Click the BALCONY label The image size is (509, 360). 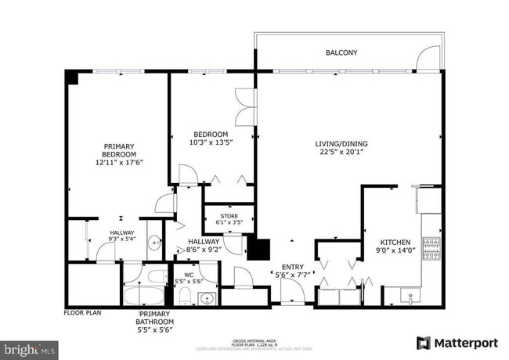tap(341, 53)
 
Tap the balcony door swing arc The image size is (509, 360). tap(428, 56)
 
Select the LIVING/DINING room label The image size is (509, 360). tap(341, 144)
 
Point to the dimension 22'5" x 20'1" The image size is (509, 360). tap(341, 153)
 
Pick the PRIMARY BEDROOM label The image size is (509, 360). tap(119, 150)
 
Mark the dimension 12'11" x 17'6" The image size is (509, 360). tap(119, 162)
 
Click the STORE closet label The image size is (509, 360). tap(229, 216)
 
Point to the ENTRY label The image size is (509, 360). tap(293, 266)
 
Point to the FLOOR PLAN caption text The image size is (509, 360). tap(83, 312)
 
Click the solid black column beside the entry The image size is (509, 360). tap(258, 249)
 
